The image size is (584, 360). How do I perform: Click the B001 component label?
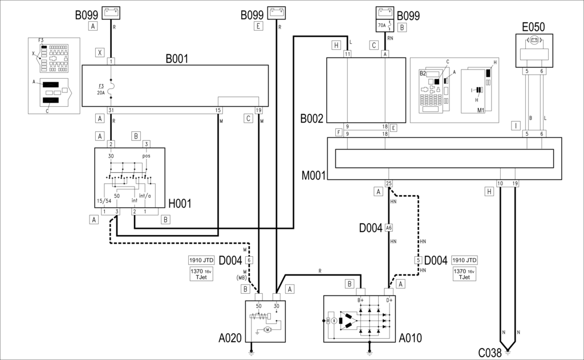point(177,59)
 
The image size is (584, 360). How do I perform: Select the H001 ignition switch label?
point(180,204)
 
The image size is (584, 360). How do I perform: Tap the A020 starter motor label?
point(230,338)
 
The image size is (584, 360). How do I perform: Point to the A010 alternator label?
point(411,338)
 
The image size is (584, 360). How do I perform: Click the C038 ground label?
point(490,353)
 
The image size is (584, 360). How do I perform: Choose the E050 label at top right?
point(533,27)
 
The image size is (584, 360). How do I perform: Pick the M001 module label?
point(314,175)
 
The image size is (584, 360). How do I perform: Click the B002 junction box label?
point(312,119)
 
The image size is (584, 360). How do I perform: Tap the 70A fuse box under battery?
point(385,26)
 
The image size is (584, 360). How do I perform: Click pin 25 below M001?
point(388,183)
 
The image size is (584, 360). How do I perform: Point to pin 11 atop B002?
point(347,54)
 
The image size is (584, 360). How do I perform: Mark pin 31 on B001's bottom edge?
point(111,110)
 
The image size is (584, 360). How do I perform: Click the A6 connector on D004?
point(388,228)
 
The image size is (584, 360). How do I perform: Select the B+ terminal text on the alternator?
point(360,300)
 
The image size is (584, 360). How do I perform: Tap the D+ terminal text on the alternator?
point(389,300)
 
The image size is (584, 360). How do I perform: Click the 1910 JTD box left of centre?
point(201,260)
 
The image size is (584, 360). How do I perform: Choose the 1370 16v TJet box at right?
point(464,274)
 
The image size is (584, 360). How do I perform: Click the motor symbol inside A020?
point(268,329)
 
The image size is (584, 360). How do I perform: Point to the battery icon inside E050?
point(534,39)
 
